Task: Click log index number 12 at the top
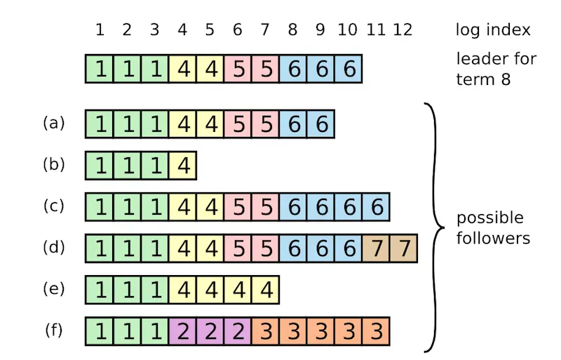click(x=403, y=30)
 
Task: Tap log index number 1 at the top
click(x=100, y=30)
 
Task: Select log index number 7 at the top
click(x=265, y=30)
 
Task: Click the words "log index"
click(x=493, y=30)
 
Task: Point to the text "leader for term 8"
click(x=496, y=68)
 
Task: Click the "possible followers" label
click(x=493, y=227)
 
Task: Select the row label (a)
click(x=54, y=123)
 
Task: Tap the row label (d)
click(x=54, y=247)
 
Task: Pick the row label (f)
click(x=54, y=329)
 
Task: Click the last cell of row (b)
click(x=183, y=166)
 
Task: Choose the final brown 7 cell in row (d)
click(x=403, y=249)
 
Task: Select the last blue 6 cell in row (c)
click(x=376, y=208)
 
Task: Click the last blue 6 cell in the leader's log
click(x=349, y=69)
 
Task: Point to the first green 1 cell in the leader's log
click(x=100, y=69)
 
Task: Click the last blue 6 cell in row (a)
click(x=320, y=125)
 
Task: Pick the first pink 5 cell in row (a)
click(x=238, y=125)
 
